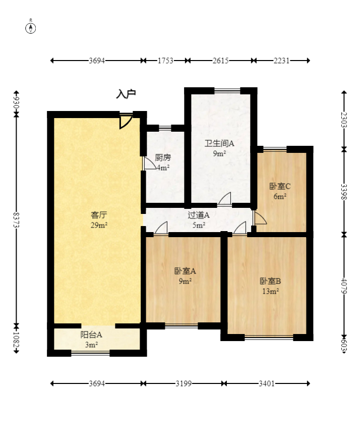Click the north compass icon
[x=31, y=27]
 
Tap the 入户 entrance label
[x=126, y=94]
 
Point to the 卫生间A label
[x=219, y=143]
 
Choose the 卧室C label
[x=280, y=186]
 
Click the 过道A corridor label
[x=198, y=215]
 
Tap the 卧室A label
[x=185, y=271]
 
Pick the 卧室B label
[x=270, y=281]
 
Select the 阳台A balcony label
[x=91, y=334]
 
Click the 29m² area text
[x=98, y=225]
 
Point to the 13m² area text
[x=270, y=291]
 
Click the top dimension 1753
[x=165, y=61]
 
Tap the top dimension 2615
[x=220, y=61]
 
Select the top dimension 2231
[x=281, y=61]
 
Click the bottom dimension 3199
[x=184, y=384]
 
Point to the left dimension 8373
[x=16, y=220]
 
